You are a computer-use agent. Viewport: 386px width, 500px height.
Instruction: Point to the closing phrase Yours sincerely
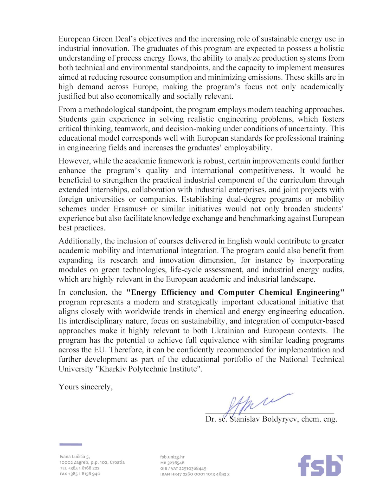pos(86,387)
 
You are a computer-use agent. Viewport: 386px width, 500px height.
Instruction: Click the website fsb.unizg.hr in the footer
pos(172,457)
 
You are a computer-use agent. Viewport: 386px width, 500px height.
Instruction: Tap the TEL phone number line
pos(80,468)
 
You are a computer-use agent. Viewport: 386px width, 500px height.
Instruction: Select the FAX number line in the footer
pos(80,474)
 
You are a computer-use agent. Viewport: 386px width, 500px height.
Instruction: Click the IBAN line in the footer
pos(195,474)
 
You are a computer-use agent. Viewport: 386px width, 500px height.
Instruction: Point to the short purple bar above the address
pos(70,444)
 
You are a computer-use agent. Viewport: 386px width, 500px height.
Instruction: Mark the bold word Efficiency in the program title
pos(178,292)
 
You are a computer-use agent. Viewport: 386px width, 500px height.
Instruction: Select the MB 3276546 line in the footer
pos(172,463)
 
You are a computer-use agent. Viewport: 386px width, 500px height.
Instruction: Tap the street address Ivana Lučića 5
pos(75,457)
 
